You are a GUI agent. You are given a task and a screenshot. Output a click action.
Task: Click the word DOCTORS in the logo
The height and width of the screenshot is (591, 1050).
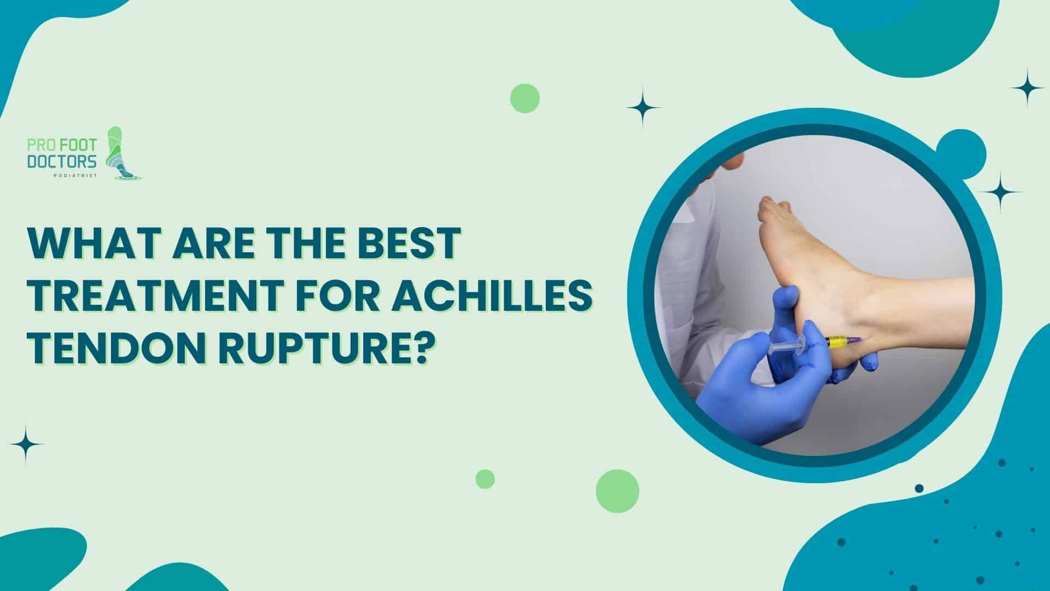pyautogui.click(x=62, y=161)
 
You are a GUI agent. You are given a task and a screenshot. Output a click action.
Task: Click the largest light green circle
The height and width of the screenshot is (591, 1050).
pyautogui.click(x=617, y=491)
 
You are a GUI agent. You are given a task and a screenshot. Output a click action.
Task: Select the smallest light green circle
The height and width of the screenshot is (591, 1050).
pyautogui.click(x=485, y=479)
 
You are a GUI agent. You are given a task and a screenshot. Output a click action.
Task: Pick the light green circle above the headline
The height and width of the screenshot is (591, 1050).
pyautogui.click(x=525, y=99)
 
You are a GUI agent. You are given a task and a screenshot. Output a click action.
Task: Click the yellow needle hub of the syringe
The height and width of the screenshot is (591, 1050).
pyautogui.click(x=836, y=343)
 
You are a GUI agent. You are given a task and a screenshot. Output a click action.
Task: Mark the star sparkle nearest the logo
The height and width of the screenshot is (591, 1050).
pyautogui.click(x=26, y=444)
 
